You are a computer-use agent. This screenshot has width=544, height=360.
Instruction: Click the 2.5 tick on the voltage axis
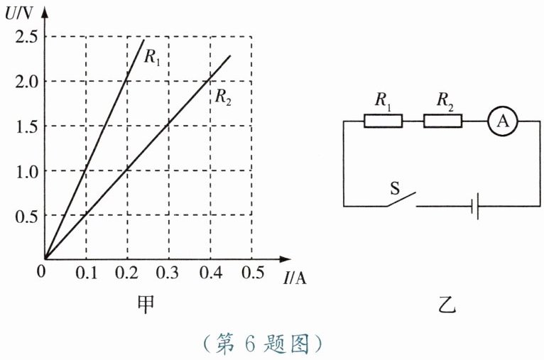26,36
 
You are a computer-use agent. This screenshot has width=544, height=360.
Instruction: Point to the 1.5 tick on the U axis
26,126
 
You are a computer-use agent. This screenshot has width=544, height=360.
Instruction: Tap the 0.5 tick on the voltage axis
26,215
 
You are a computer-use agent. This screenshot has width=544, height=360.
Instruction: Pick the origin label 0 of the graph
41,272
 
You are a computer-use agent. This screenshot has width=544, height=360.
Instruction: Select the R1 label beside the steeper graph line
153,58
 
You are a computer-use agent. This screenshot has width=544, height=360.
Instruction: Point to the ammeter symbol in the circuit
503,121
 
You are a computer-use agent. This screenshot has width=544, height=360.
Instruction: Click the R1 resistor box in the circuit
383,121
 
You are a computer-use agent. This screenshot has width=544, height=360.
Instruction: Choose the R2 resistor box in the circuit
442,121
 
